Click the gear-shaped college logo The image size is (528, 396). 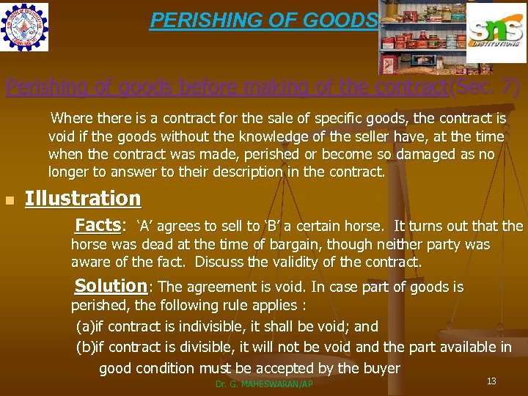click(25, 27)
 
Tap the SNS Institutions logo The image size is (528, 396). click(495, 33)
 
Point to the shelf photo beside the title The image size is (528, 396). click(422, 37)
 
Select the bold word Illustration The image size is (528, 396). click(83, 199)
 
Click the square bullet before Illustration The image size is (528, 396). click(9, 201)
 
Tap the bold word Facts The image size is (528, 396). click(98, 224)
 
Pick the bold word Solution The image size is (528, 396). click(111, 285)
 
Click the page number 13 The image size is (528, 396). click(491, 381)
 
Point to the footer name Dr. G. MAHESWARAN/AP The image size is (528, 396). click(265, 384)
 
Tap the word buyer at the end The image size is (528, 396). click(381, 368)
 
